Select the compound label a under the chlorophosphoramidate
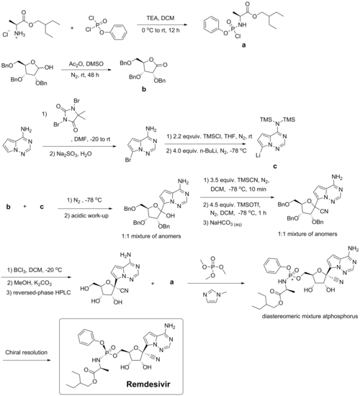pos(243,45)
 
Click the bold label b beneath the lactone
pos(144,89)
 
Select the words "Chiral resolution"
pos(26,352)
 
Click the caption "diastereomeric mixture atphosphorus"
pos(310,316)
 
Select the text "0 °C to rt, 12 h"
pos(161,31)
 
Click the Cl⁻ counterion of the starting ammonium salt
pos(6,35)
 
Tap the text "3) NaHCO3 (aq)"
pos(222,223)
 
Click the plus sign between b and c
pos(25,207)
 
